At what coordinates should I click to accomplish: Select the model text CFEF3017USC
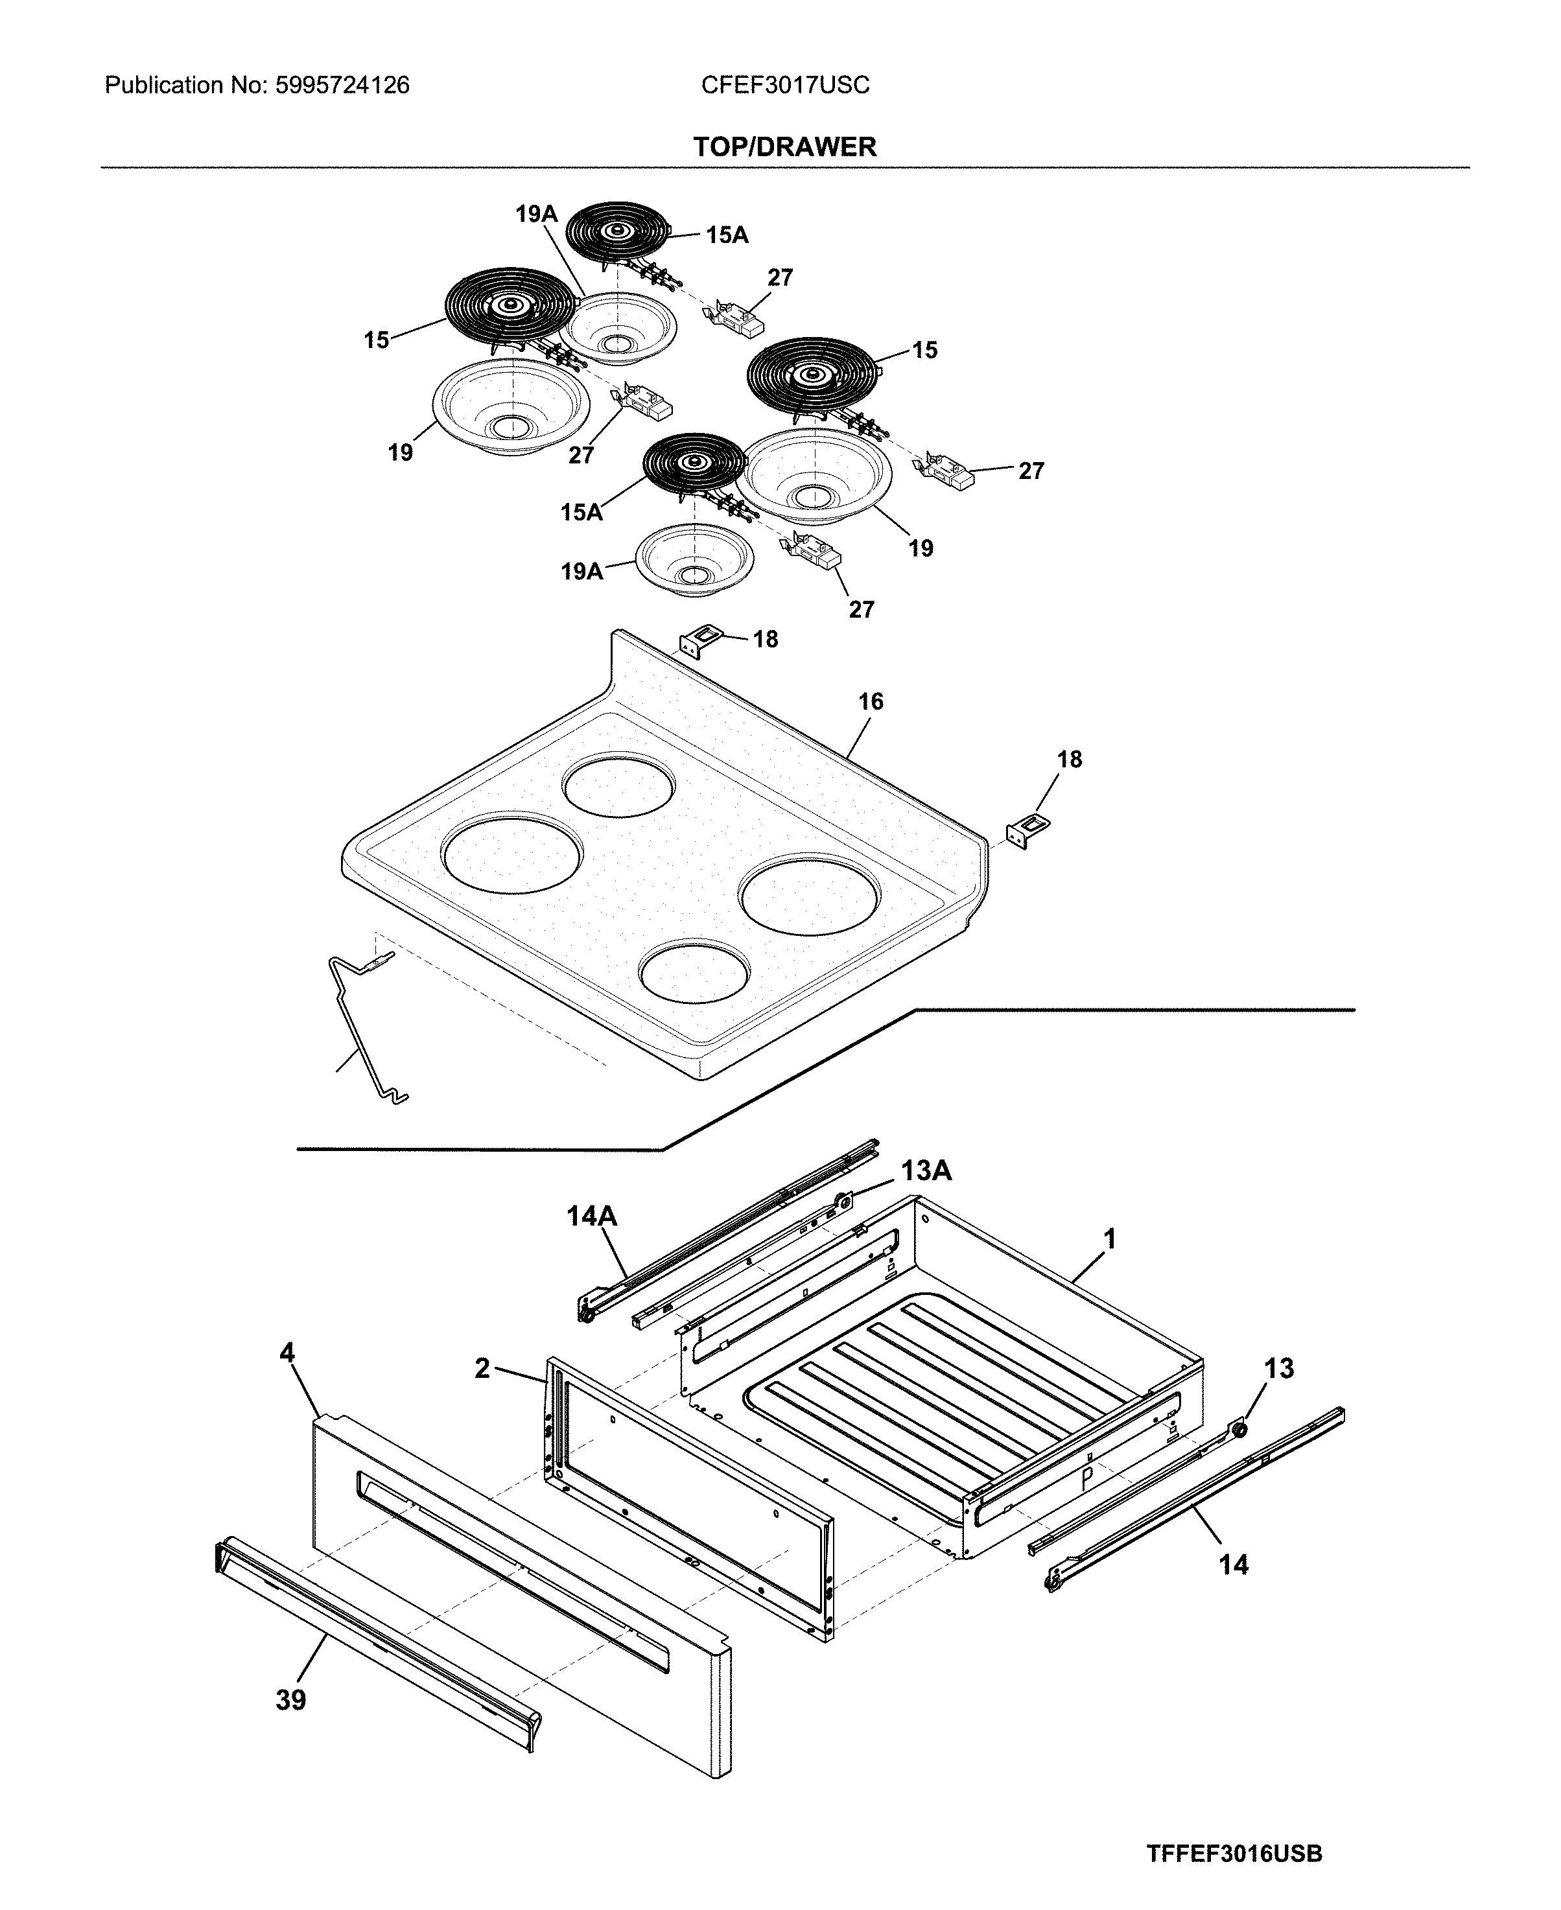pyautogui.click(x=785, y=86)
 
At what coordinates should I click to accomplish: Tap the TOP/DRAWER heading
pyautogui.click(x=784, y=146)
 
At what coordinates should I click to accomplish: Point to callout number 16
pyautogui.click(x=871, y=701)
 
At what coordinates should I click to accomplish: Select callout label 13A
pyautogui.click(x=926, y=1170)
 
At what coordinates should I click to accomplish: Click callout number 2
pyautogui.click(x=482, y=1369)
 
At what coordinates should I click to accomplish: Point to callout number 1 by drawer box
pyautogui.click(x=1110, y=1239)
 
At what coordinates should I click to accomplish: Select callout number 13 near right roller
pyautogui.click(x=1278, y=1369)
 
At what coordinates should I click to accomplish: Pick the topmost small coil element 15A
pyautogui.click(x=617, y=233)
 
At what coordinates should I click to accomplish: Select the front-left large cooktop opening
pyautogui.click(x=510, y=854)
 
